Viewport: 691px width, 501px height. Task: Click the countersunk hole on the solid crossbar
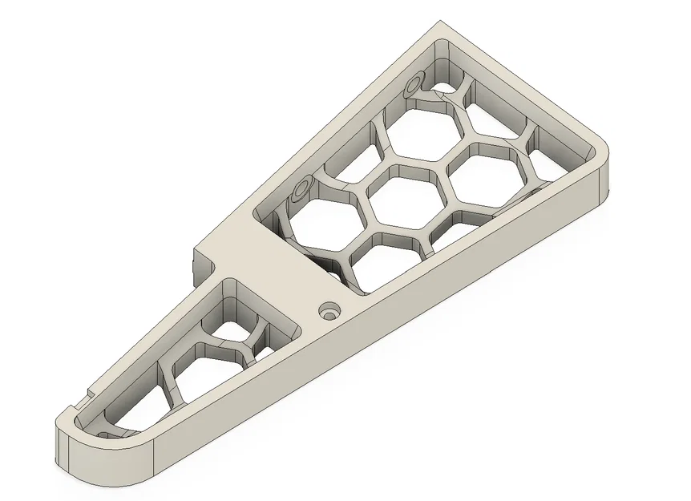click(x=328, y=310)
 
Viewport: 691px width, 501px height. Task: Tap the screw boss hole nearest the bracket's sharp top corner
click(x=415, y=84)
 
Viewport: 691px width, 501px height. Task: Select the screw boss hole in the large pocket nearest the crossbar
click(x=302, y=189)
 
